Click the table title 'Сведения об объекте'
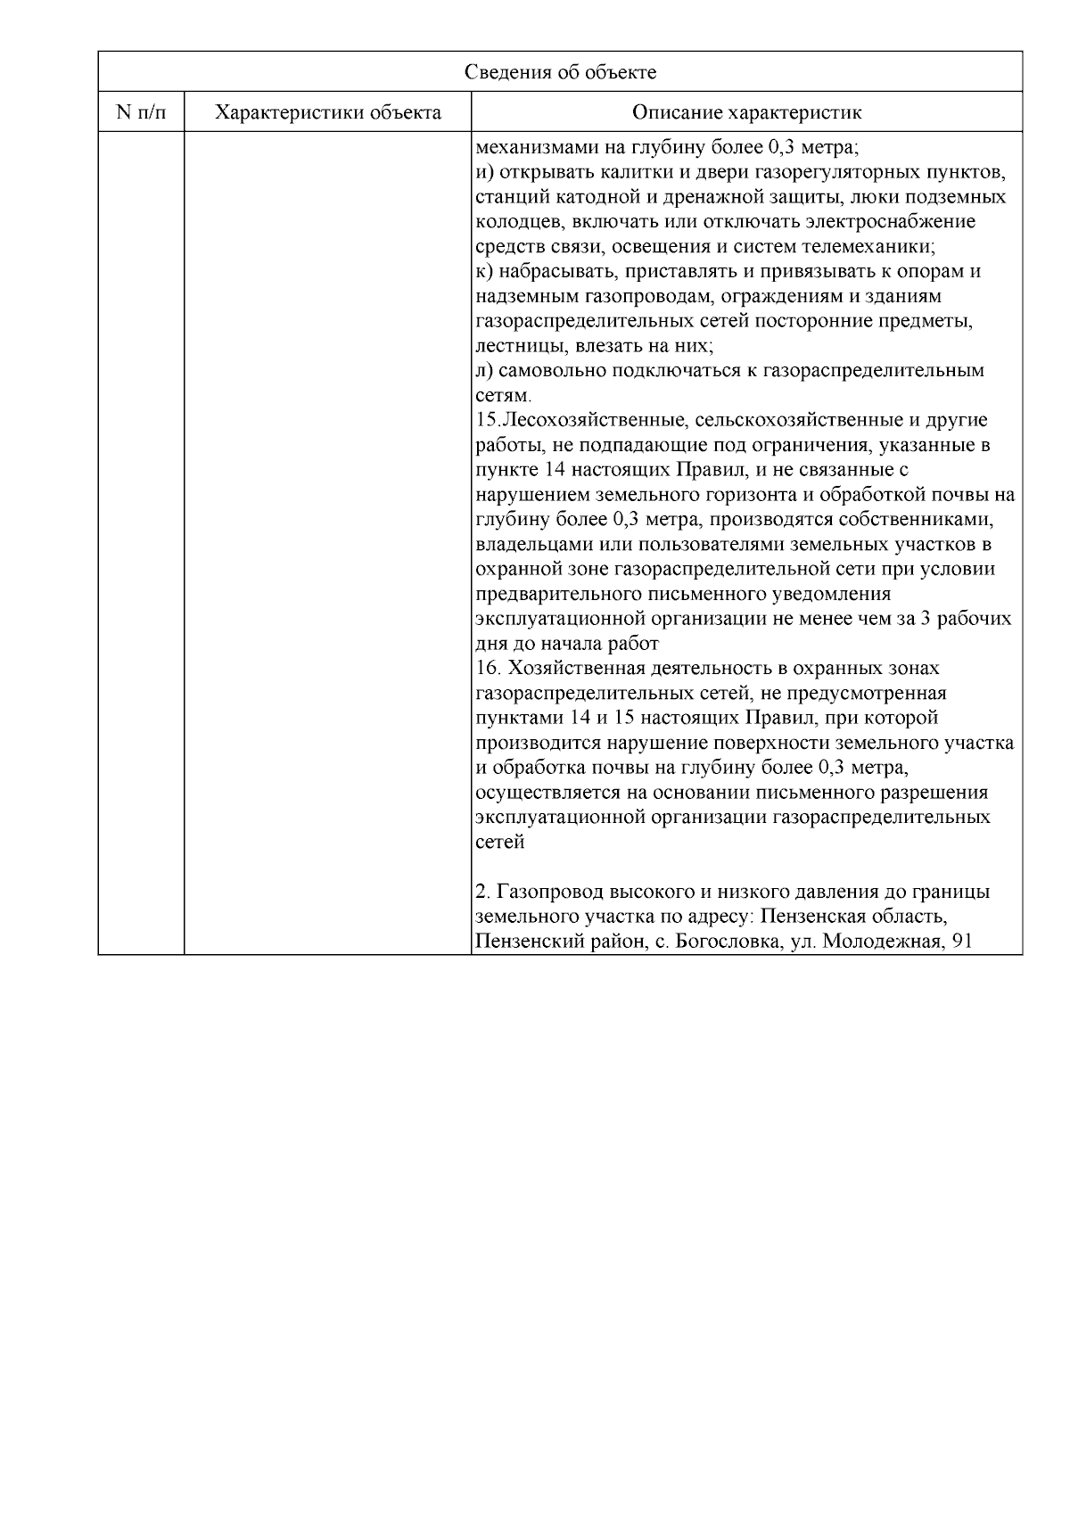click(x=560, y=72)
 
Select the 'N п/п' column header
click(x=141, y=112)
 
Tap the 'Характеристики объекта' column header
click(x=328, y=112)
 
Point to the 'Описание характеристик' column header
click(x=746, y=112)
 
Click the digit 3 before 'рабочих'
click(x=926, y=619)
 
